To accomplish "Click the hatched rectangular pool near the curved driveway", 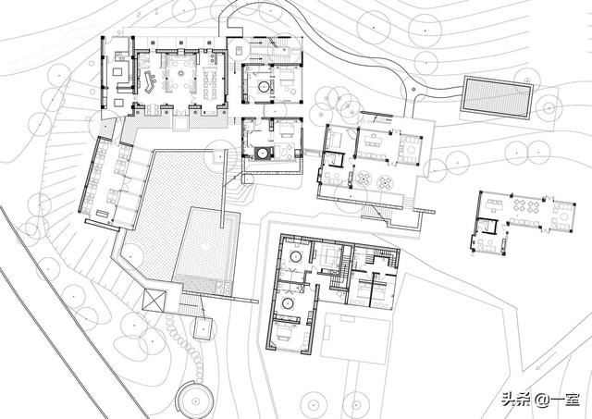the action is click(496, 96).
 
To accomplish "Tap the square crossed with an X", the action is click(154, 301).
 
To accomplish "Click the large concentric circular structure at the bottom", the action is click(195, 400).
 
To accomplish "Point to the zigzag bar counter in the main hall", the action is click(149, 82).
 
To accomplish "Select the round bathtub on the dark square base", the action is click(263, 154).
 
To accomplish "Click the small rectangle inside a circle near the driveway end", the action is click(239, 49).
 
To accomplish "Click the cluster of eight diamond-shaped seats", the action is click(524, 205).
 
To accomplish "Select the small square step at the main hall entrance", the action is click(179, 123).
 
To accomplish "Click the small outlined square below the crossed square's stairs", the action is click(203, 328).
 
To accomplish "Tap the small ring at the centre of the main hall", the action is click(181, 73).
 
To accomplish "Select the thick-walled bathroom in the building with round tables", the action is click(334, 158).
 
